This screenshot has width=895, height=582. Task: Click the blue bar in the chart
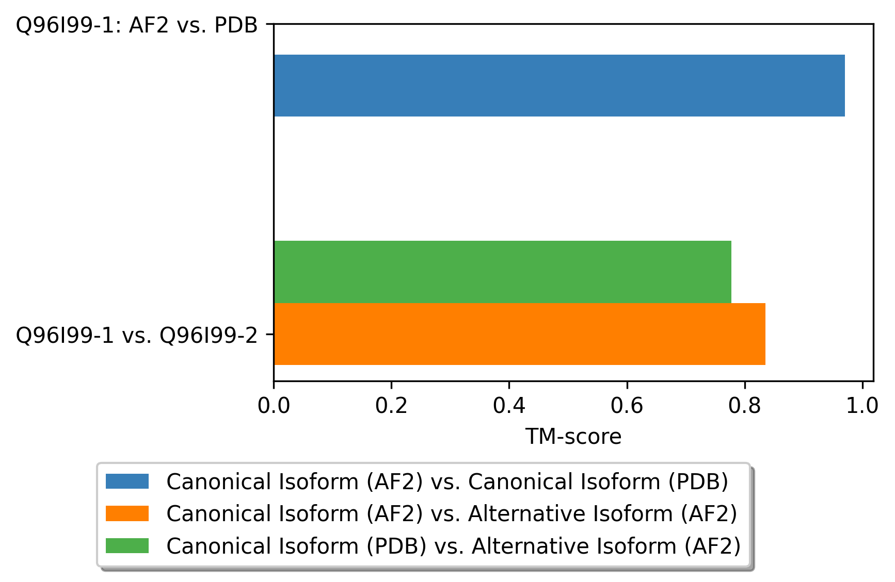[559, 86]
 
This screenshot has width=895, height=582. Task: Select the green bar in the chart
[503, 272]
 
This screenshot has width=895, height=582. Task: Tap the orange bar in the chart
[520, 334]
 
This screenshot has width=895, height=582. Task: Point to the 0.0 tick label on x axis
[274, 406]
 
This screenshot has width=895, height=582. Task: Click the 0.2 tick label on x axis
[391, 406]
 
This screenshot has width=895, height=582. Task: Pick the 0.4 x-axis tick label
[509, 406]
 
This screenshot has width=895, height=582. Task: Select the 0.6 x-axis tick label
[627, 406]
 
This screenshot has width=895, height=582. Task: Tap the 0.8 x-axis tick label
[744, 406]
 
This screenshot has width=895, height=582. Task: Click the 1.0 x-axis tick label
[862, 406]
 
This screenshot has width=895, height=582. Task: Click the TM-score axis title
[573, 437]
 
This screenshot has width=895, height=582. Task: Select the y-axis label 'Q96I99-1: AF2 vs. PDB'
[137, 25]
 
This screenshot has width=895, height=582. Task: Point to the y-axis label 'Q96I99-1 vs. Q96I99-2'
[137, 335]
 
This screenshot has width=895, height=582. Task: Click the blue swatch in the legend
[127, 481]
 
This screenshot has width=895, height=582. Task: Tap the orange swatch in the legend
[127, 513]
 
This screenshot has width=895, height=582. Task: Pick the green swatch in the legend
[127, 545]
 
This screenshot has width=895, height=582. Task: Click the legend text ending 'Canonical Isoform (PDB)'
[447, 482]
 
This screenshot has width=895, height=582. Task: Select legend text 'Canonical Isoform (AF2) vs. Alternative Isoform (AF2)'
[452, 514]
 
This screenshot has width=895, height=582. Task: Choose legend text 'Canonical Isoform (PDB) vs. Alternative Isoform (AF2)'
[454, 546]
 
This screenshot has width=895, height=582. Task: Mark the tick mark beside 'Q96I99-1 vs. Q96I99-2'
[270, 334]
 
